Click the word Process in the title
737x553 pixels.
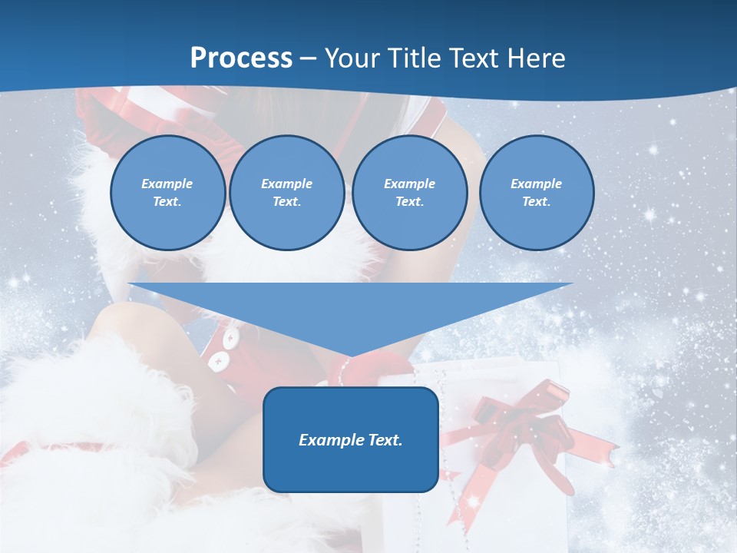(x=241, y=58)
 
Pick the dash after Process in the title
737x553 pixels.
(x=309, y=59)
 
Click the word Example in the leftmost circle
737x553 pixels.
(x=167, y=184)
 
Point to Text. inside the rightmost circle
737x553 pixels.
(x=536, y=201)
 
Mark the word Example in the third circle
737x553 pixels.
(x=409, y=184)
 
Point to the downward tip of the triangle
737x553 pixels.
(x=351, y=355)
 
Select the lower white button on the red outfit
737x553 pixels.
(x=218, y=359)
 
